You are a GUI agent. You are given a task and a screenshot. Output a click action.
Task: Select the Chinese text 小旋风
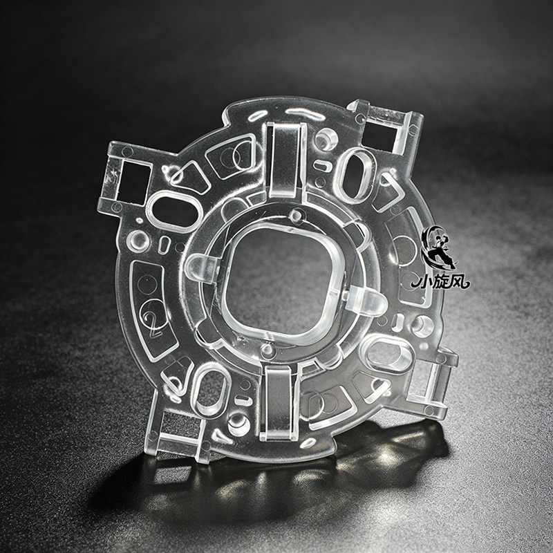(x=440, y=281)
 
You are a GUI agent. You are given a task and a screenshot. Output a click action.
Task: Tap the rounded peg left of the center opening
(x=200, y=268)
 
